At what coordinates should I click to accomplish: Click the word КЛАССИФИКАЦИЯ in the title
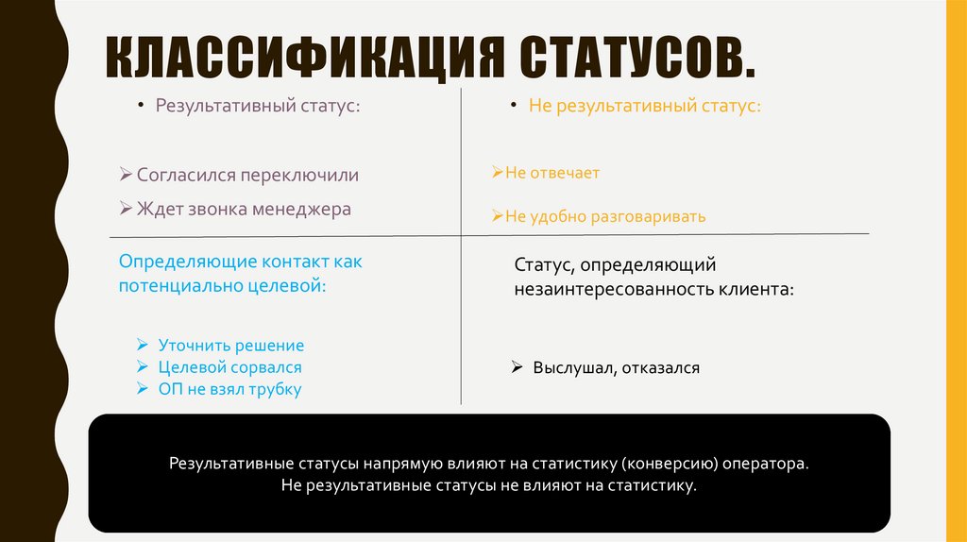click(x=301, y=59)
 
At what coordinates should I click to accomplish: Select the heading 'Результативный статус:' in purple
click(x=258, y=106)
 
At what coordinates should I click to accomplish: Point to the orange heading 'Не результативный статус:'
click(x=645, y=106)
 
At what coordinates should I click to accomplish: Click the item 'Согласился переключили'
click(x=247, y=176)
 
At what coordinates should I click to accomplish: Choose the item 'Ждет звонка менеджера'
click(x=244, y=209)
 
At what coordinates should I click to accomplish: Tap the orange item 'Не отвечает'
click(x=552, y=173)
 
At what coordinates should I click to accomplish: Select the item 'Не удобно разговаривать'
click(x=605, y=216)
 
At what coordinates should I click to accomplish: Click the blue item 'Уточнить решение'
click(x=231, y=346)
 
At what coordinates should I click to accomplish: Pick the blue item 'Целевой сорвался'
click(x=230, y=367)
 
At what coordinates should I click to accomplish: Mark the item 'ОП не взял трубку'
click(x=229, y=389)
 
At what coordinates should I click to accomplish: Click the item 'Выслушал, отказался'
click(x=616, y=367)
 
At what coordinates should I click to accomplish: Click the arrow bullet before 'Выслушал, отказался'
click(x=517, y=367)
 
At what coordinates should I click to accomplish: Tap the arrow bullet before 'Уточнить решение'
click(x=141, y=346)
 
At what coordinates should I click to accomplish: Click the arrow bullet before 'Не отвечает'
click(x=497, y=173)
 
